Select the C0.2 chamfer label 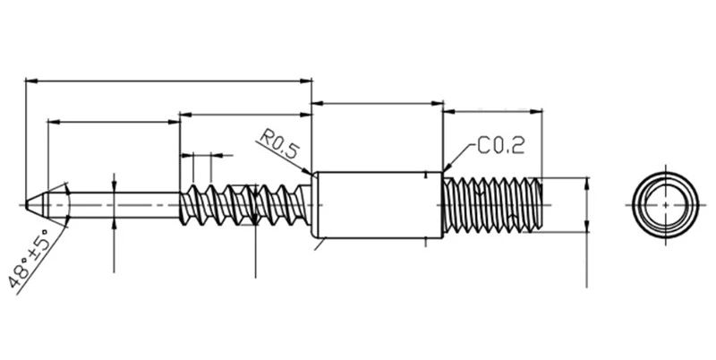501,146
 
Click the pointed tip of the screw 26,205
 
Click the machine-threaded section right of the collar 492,205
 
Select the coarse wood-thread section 245,205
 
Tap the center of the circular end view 665,205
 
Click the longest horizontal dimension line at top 168,81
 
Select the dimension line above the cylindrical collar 377,104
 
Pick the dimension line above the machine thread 493,110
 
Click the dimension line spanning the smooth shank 114,122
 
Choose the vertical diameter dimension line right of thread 587,205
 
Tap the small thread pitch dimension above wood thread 202,155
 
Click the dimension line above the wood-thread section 245,115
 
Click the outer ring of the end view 665,173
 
